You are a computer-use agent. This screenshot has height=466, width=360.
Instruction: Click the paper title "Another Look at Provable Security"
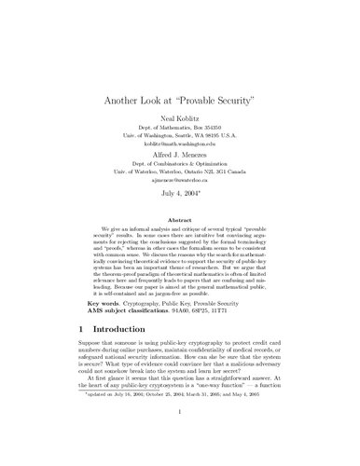point(179,101)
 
